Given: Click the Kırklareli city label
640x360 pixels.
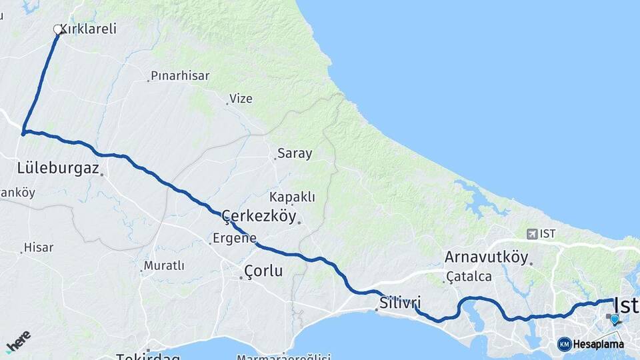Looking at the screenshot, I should [89, 29].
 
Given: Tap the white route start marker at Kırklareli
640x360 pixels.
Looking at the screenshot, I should [58, 29].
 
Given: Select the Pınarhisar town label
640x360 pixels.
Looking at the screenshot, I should [176, 75].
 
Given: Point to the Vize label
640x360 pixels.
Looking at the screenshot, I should [241, 99].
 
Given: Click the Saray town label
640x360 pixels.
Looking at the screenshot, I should [295, 153].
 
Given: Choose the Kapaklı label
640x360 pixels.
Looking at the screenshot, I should [292, 197].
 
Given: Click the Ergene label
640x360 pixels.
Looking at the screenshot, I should [234, 238].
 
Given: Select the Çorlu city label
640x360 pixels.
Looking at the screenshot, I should [263, 271].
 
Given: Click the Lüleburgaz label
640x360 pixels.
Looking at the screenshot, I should [58, 168].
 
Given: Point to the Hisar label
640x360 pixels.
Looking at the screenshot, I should [38, 247].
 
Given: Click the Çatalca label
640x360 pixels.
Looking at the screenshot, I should [469, 276].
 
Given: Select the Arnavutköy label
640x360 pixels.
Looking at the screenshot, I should [486, 257].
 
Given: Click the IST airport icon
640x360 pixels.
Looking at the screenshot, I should [532, 233].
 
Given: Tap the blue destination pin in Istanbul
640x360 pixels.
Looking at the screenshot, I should [614, 319].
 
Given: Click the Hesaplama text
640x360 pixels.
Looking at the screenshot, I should [598, 345].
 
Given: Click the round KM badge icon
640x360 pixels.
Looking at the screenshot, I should [565, 345].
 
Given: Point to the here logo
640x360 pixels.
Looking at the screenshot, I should [18, 341].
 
